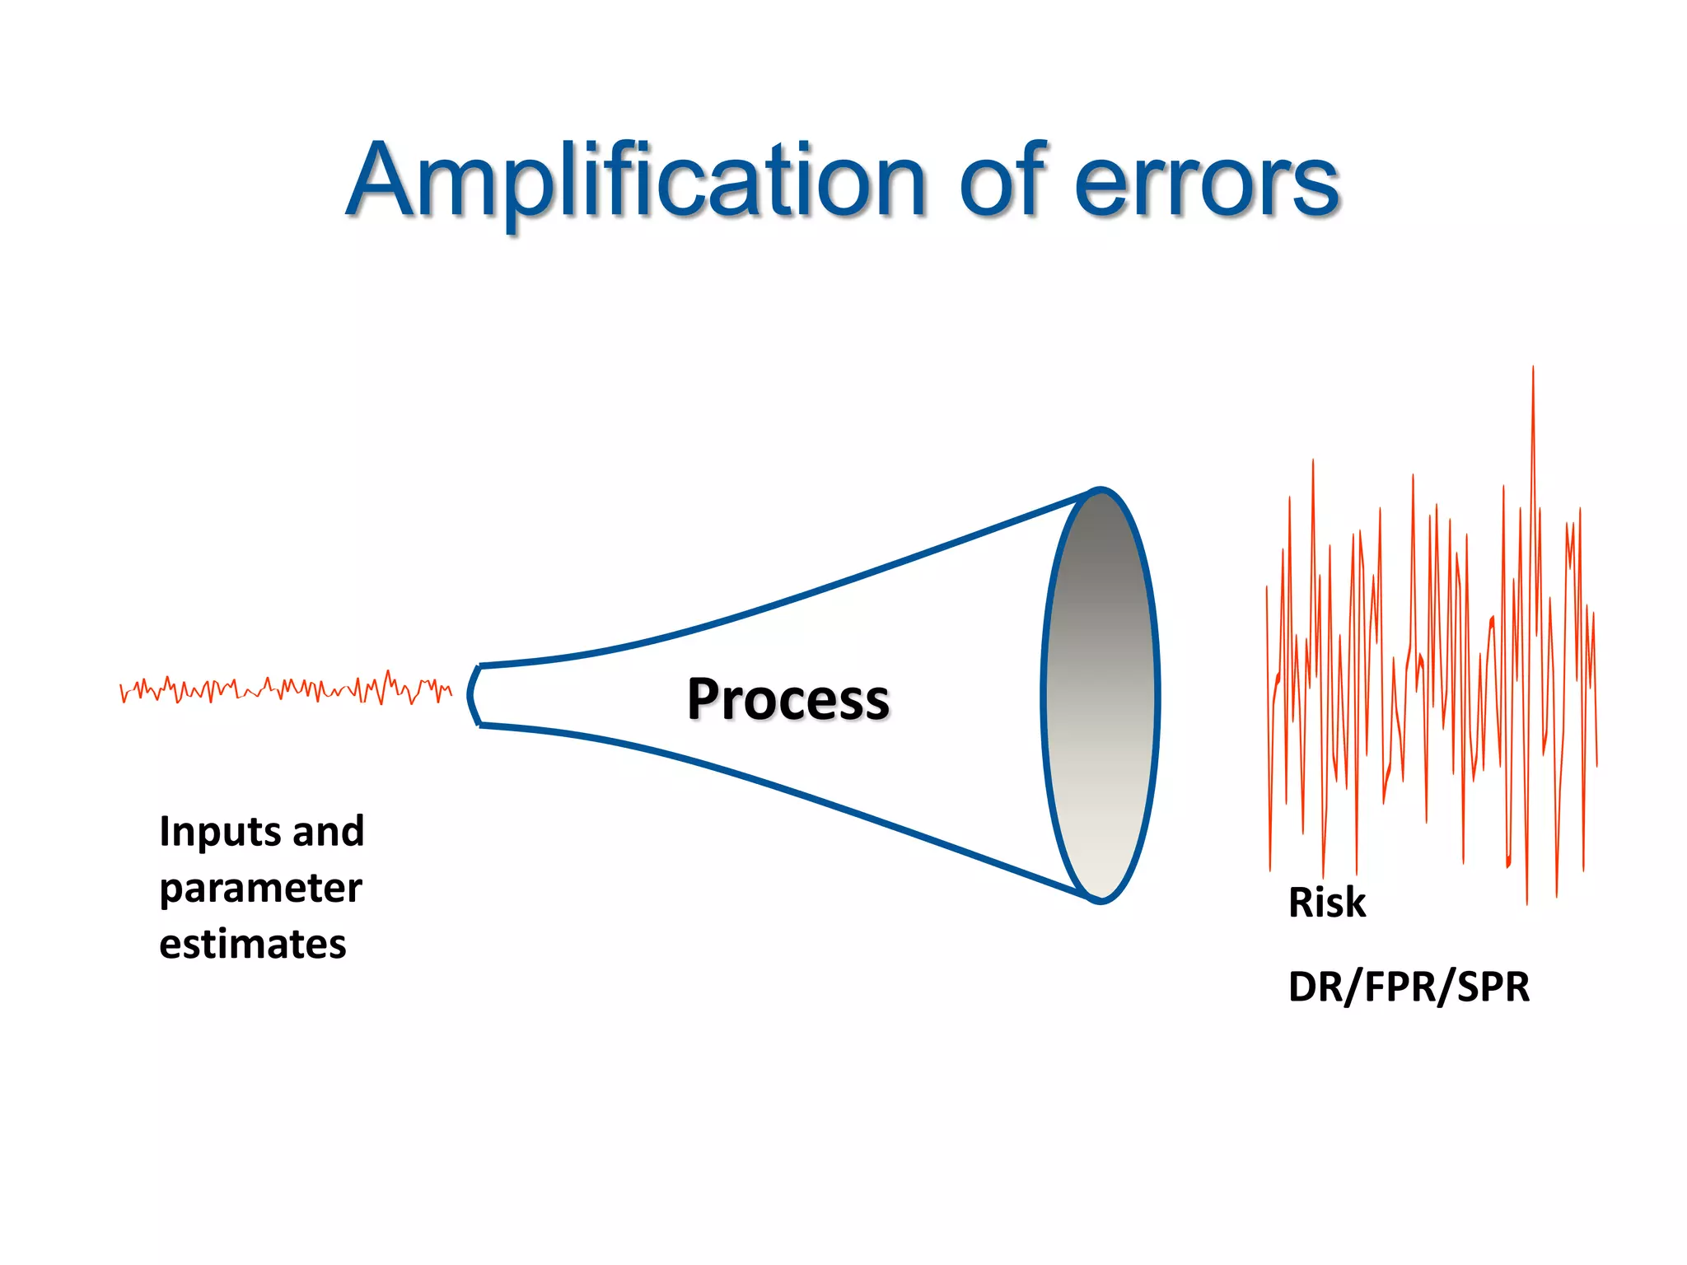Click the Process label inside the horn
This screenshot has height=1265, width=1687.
(788, 699)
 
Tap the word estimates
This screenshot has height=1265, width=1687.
(252, 944)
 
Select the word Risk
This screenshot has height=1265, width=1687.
(1326, 903)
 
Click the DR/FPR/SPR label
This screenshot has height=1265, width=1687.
(1409, 987)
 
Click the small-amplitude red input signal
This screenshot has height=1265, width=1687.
(285, 689)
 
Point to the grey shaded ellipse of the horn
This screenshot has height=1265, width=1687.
(1101, 696)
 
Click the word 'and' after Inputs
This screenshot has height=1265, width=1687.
(328, 831)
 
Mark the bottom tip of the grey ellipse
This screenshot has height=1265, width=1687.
(1101, 901)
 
